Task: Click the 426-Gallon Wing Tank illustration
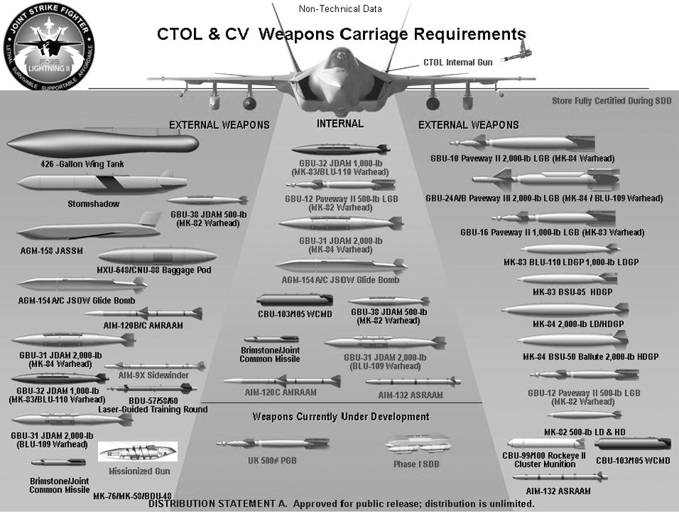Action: (102, 143)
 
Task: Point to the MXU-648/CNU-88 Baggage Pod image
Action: (157, 255)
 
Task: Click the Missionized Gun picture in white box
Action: (138, 452)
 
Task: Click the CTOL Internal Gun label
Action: (458, 62)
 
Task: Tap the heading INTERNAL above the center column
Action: (339, 123)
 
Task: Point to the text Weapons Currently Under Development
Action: (340, 417)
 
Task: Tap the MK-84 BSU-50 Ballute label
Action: (590, 357)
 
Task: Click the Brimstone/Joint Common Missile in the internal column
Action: (271, 340)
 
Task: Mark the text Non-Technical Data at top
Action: (339, 9)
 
